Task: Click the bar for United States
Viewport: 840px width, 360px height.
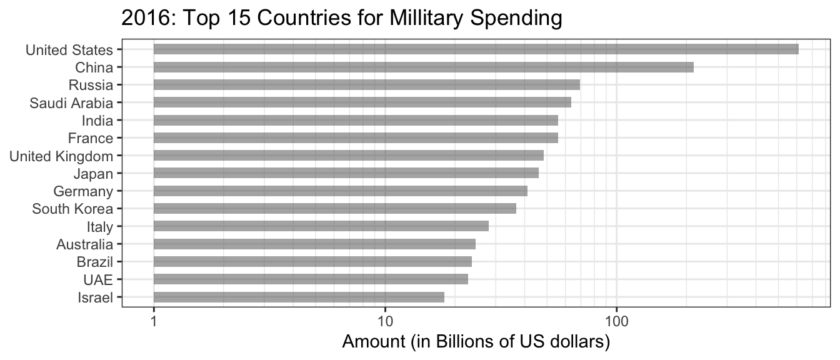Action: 476,49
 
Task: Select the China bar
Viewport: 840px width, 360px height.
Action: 423,67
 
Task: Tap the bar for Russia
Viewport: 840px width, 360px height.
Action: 366,84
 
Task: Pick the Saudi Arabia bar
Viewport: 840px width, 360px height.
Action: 362,102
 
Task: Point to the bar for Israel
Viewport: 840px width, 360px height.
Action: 299,297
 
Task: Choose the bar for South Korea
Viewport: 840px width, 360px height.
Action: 334,209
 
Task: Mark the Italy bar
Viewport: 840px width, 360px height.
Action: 321,226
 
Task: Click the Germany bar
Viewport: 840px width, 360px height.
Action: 340,191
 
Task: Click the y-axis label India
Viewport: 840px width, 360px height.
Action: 97,121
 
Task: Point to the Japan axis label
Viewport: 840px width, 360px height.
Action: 93,174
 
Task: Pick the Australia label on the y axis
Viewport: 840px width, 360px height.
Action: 84,244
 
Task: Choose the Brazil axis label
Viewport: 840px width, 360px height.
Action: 95,262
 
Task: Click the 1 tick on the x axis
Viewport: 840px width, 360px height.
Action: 154,321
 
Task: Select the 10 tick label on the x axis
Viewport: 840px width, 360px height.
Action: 385,321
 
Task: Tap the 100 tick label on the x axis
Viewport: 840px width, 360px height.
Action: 616,321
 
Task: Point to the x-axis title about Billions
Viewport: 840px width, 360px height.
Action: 476,342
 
